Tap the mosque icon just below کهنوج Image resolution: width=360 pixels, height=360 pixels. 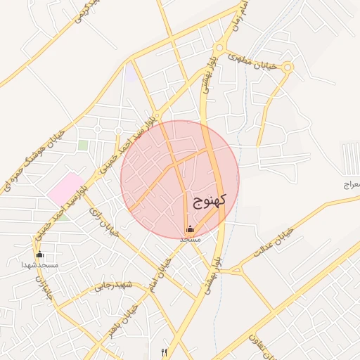[x=190, y=229]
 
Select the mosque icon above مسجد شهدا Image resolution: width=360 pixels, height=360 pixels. [x=39, y=255]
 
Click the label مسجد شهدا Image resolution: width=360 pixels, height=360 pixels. [x=39, y=264]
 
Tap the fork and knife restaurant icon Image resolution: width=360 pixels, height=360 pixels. [x=165, y=352]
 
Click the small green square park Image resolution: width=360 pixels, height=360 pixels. [x=83, y=145]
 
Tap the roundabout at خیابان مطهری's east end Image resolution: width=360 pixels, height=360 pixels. [x=288, y=67]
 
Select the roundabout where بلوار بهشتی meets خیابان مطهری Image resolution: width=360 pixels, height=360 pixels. [x=219, y=48]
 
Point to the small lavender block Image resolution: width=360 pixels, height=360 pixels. [x=131, y=71]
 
